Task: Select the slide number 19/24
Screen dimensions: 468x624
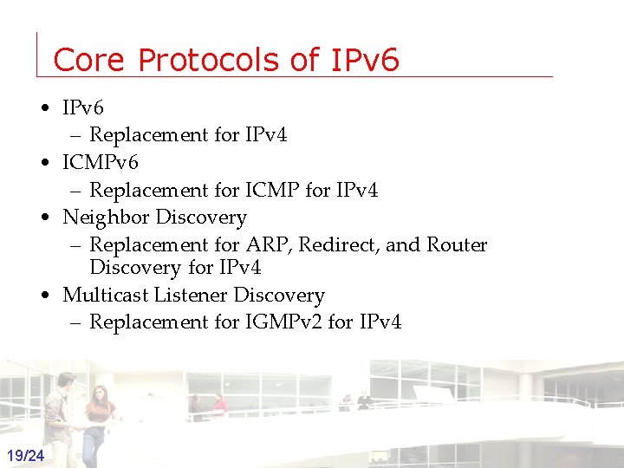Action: (x=26, y=455)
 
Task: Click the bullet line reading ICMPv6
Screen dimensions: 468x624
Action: (x=100, y=162)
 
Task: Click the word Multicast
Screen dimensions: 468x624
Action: (x=106, y=296)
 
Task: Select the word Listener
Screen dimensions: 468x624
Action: (x=192, y=296)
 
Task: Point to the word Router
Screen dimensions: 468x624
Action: (x=457, y=245)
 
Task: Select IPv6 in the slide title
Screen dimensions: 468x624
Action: (x=365, y=60)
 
